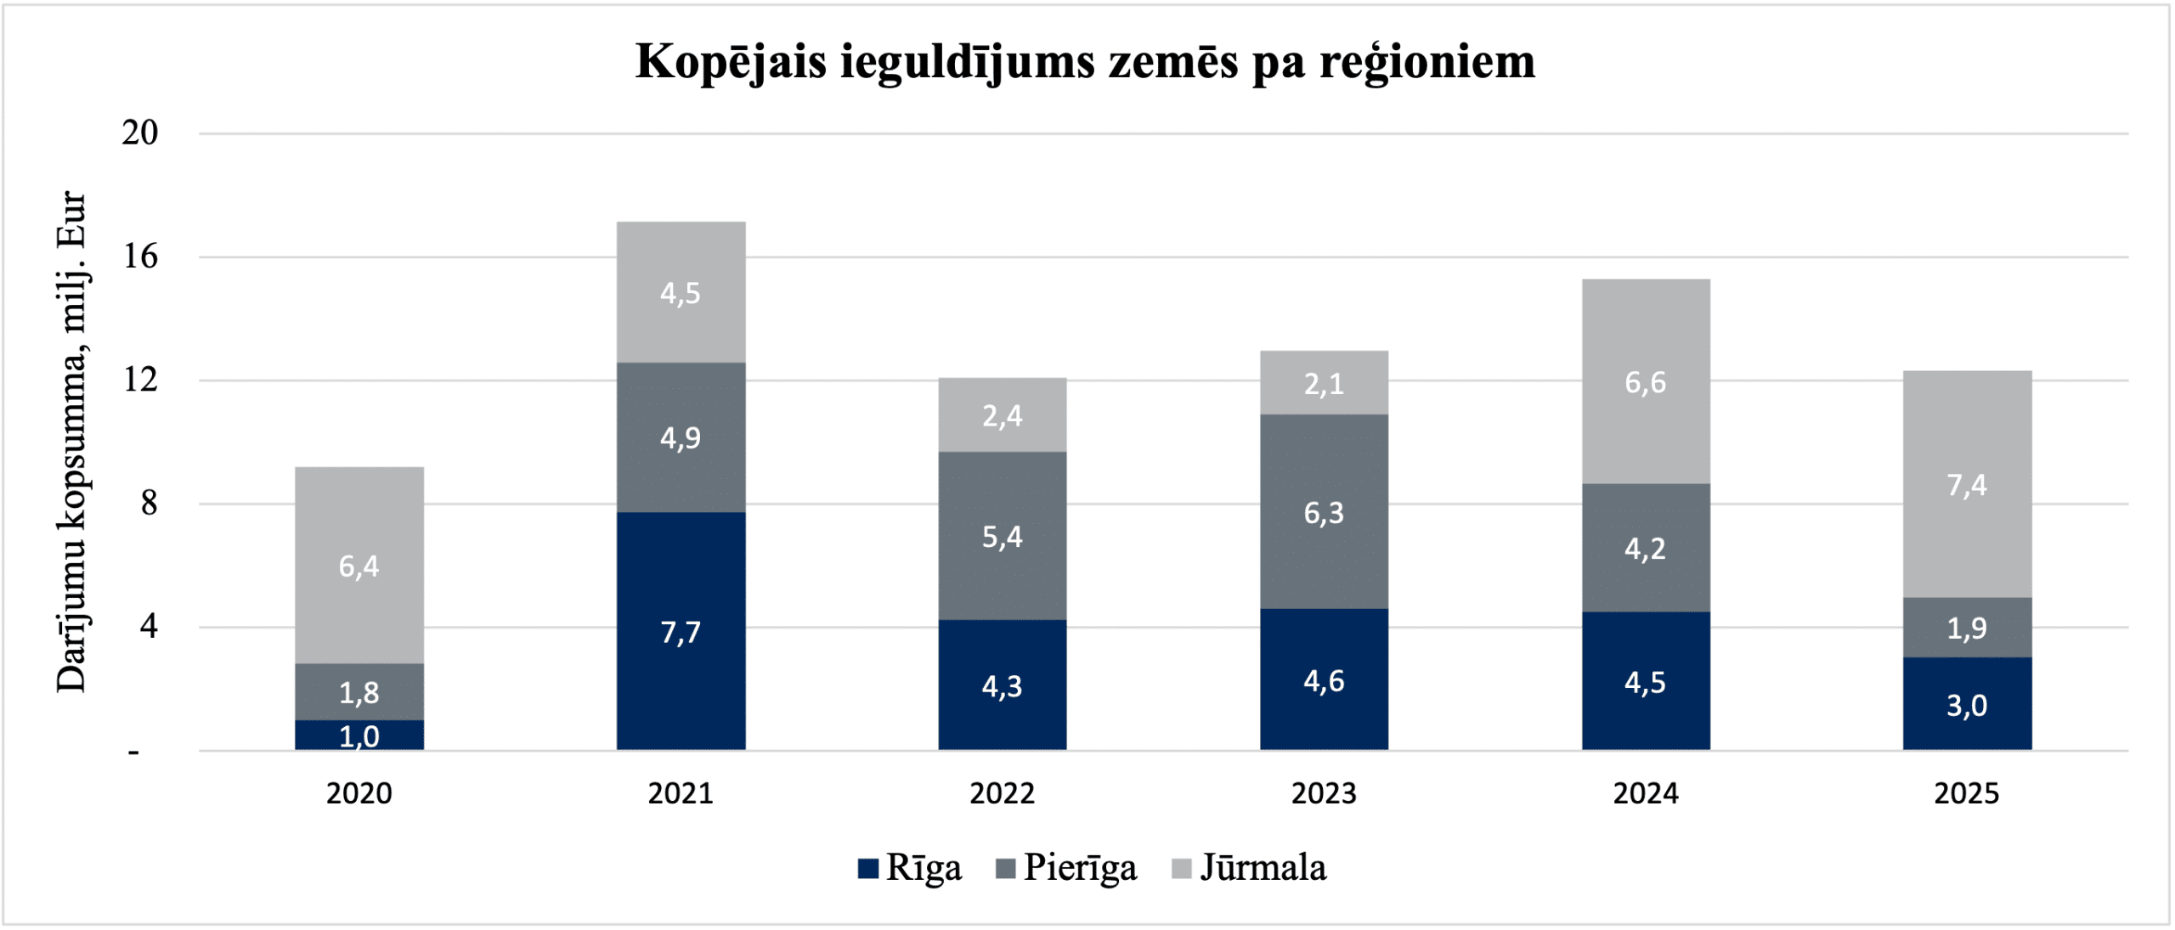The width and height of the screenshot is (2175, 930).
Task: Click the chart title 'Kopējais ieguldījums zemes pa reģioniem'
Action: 1085,61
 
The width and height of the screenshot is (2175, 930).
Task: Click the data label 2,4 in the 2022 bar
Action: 1003,416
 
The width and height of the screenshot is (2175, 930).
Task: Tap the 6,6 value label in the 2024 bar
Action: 1646,383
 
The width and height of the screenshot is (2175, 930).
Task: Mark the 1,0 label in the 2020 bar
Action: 359,736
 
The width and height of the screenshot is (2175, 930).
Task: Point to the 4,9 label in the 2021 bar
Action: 681,438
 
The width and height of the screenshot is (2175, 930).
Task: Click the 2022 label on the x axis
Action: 1003,793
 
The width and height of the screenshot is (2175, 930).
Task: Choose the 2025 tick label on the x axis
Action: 1967,793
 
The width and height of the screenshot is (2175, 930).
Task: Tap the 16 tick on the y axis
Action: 141,256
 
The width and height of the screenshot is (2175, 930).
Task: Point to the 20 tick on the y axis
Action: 140,133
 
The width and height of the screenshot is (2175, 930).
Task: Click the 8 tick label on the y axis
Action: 150,504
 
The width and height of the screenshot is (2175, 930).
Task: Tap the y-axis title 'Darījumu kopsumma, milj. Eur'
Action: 72,442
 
